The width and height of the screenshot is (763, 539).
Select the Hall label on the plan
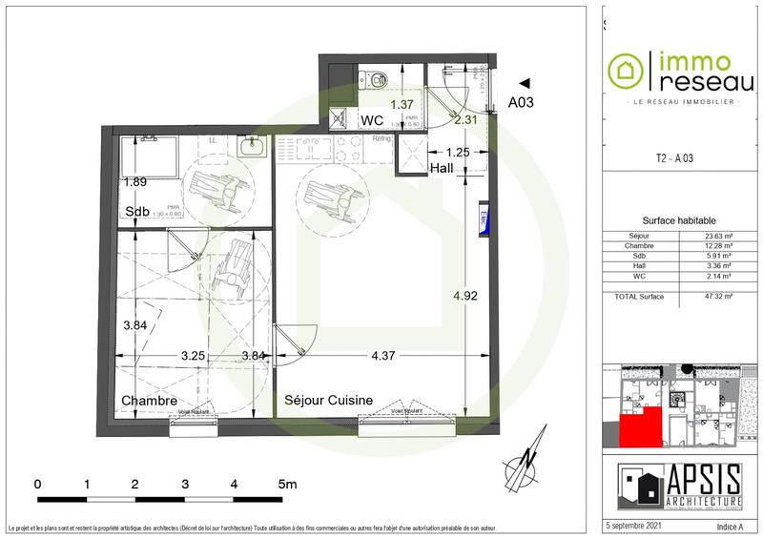tap(442, 168)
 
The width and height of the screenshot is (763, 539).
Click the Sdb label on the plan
tap(135, 211)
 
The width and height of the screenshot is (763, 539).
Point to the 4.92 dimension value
tap(466, 295)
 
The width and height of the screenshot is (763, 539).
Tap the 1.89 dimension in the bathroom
tap(134, 181)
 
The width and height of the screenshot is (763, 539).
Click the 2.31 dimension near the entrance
tap(465, 119)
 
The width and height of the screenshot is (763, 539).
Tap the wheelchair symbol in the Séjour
tap(327, 192)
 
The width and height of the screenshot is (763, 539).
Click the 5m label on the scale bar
tap(288, 484)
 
